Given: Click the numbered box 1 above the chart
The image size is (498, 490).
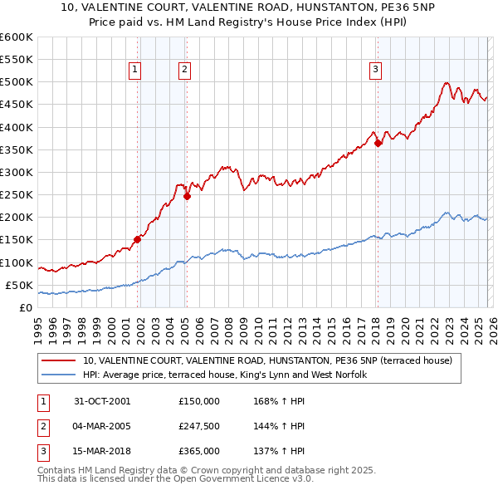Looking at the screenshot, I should pos(135,71).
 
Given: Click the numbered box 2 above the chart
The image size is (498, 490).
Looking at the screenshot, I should pos(183,71).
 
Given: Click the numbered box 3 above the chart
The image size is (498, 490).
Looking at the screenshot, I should pos(375,71).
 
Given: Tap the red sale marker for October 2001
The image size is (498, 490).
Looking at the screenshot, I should pos(137,239).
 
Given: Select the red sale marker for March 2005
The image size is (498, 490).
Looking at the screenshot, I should pos(187,197).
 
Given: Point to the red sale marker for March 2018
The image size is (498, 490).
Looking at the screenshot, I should pos(378,143).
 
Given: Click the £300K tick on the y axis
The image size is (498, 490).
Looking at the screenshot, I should pos(17,173).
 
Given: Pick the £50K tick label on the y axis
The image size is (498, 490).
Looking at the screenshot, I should pos(19,285).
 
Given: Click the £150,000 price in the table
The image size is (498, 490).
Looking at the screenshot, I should pos(198,400).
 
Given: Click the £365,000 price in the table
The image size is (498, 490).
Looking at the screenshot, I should pos(198,451).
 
